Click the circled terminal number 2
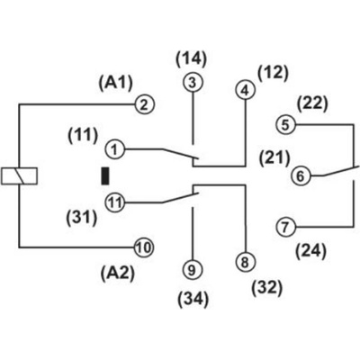pyautogui.click(x=145, y=105)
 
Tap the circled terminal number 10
pyautogui.click(x=144, y=247)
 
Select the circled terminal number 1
pyautogui.click(x=115, y=149)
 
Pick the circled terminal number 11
pyautogui.click(x=115, y=202)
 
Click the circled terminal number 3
pyautogui.click(x=193, y=83)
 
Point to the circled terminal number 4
pyautogui.click(x=246, y=90)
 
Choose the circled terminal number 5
pyautogui.click(x=286, y=124)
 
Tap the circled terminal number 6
pyautogui.click(x=301, y=175)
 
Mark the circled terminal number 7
pyautogui.click(x=285, y=227)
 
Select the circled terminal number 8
pyautogui.click(x=246, y=262)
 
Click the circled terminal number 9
pyautogui.click(x=193, y=270)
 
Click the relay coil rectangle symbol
pyautogui.click(x=19, y=175)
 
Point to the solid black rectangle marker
pyautogui.click(x=105, y=176)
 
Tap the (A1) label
pyautogui.click(x=115, y=83)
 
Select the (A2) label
pyautogui.click(x=118, y=274)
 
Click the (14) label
pyautogui.click(x=192, y=59)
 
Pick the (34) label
pyautogui.click(x=193, y=300)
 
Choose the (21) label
pyautogui.click(x=274, y=157)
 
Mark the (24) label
pyautogui.click(x=310, y=252)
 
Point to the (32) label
pyautogui.click(x=267, y=289)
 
